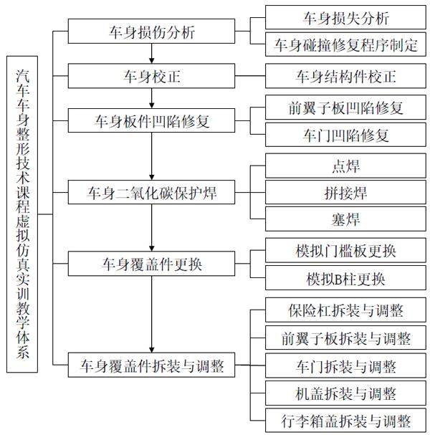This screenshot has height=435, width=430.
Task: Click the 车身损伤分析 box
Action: pyautogui.click(x=153, y=32)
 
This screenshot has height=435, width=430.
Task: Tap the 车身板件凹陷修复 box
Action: pyautogui.click(x=153, y=121)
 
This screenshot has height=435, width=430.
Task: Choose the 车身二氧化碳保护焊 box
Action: pyautogui.click(x=153, y=193)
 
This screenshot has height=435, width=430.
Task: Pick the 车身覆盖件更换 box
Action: pyautogui.click(x=153, y=264)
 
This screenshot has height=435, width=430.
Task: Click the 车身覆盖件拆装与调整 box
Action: pyautogui.click(x=153, y=367)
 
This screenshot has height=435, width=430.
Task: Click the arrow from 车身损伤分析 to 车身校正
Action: pyautogui.click(x=153, y=54)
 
